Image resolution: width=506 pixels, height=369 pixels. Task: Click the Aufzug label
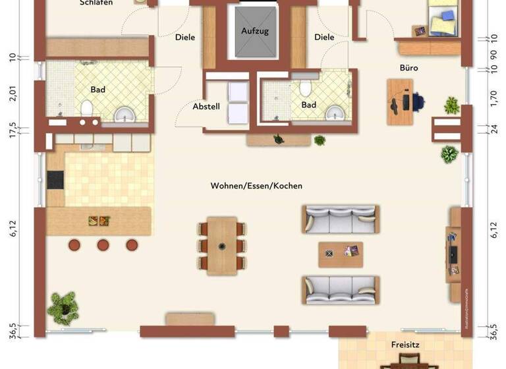255,31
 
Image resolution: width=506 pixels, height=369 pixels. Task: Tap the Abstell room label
206,106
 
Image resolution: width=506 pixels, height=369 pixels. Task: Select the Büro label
408,68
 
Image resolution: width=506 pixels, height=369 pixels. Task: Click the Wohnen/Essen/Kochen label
256,186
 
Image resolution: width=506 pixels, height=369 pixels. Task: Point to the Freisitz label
405,344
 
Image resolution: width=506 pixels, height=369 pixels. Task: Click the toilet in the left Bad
86,107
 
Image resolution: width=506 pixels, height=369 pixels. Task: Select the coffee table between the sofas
341,253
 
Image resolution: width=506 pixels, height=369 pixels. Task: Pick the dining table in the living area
222,246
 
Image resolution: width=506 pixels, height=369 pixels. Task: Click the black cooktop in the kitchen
55,180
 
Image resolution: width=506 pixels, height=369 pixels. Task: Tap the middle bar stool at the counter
103,244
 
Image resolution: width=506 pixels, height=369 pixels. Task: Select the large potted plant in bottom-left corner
64,306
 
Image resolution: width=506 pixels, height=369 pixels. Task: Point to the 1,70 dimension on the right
493,99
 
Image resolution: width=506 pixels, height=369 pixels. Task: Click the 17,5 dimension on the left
13,127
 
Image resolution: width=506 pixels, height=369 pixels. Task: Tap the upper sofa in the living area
340,219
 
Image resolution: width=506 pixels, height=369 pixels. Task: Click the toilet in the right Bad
304,89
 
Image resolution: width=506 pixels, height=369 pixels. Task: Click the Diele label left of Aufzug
185,38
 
